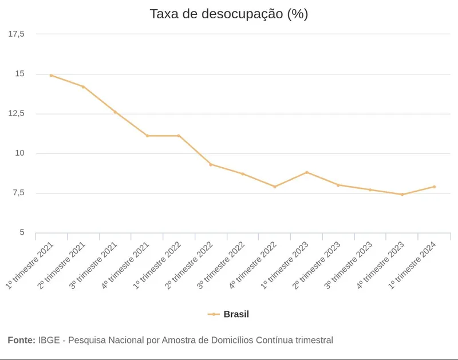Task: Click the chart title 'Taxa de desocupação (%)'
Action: tap(228, 14)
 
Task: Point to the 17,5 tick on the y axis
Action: tap(17, 34)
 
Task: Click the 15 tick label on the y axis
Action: tap(20, 74)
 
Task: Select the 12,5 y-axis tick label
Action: tap(17, 113)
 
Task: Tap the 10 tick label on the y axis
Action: tap(20, 153)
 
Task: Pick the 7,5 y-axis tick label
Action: tap(18, 193)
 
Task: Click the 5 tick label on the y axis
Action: tap(22, 232)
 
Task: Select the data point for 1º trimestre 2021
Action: tap(52, 75)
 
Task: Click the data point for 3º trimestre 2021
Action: tap(115, 112)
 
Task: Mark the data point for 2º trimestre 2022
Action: tap(211, 164)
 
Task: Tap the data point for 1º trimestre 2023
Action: tap(307, 172)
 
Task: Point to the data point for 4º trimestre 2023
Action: tap(402, 195)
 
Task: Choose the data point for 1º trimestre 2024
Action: tap(435, 187)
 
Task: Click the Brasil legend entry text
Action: tap(236, 314)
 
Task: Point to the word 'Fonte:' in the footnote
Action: tap(21, 340)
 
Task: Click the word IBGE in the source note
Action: tap(49, 340)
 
